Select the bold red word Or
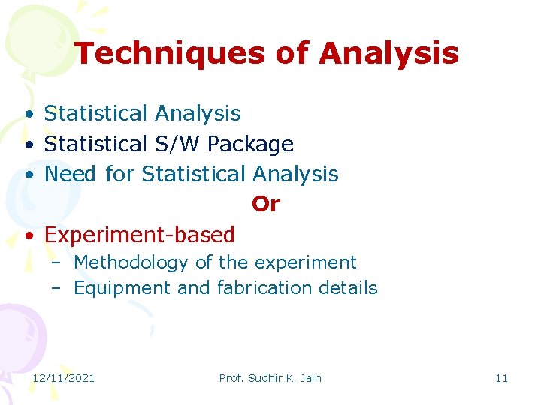[x=265, y=204]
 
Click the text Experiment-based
[x=140, y=235]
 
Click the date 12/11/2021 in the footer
[x=63, y=378]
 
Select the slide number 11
[x=501, y=378]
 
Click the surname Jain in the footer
[x=310, y=378]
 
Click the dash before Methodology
[x=57, y=263]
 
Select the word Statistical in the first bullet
[x=96, y=113]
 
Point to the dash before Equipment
[x=57, y=289]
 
